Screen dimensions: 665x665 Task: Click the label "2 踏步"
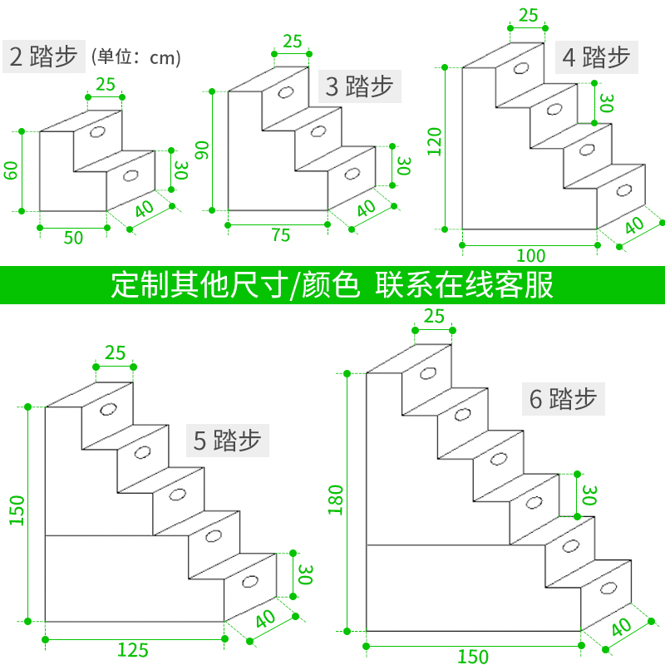point(43,57)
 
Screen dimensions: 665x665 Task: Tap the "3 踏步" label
point(358,86)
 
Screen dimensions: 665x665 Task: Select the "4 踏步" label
point(595,57)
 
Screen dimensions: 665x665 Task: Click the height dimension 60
point(11,170)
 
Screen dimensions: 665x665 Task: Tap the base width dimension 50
point(73,237)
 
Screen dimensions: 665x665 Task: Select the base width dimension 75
point(280,235)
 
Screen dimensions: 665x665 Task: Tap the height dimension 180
point(336,500)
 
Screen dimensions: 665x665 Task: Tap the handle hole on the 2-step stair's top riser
point(97,132)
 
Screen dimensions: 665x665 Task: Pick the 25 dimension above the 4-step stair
point(527,15)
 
